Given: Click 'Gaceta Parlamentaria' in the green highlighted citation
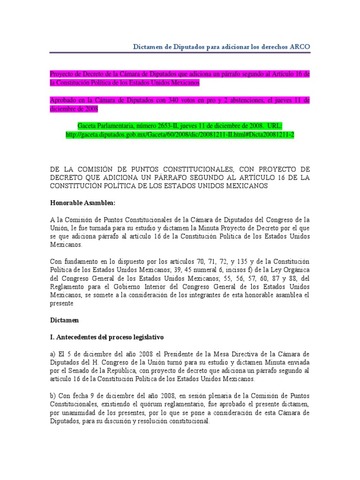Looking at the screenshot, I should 128,124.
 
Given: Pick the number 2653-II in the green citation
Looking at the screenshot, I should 196,124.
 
